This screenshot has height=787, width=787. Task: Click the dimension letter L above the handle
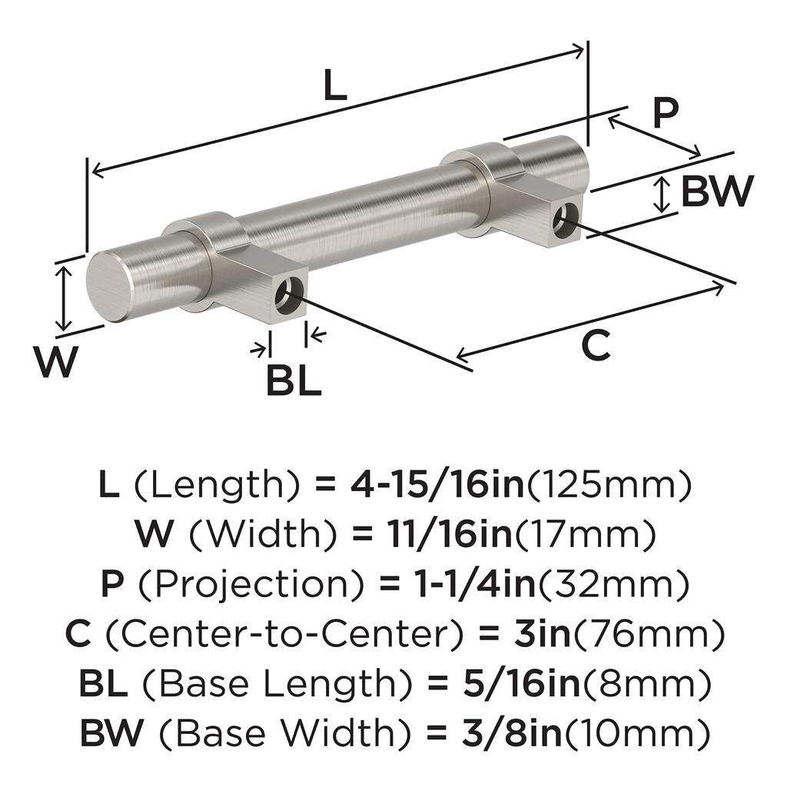pyautogui.click(x=334, y=88)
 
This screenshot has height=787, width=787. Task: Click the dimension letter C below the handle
pyautogui.click(x=596, y=345)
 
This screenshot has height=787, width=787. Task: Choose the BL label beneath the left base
pyautogui.click(x=294, y=381)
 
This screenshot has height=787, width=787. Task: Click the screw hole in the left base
pyautogui.click(x=291, y=296)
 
